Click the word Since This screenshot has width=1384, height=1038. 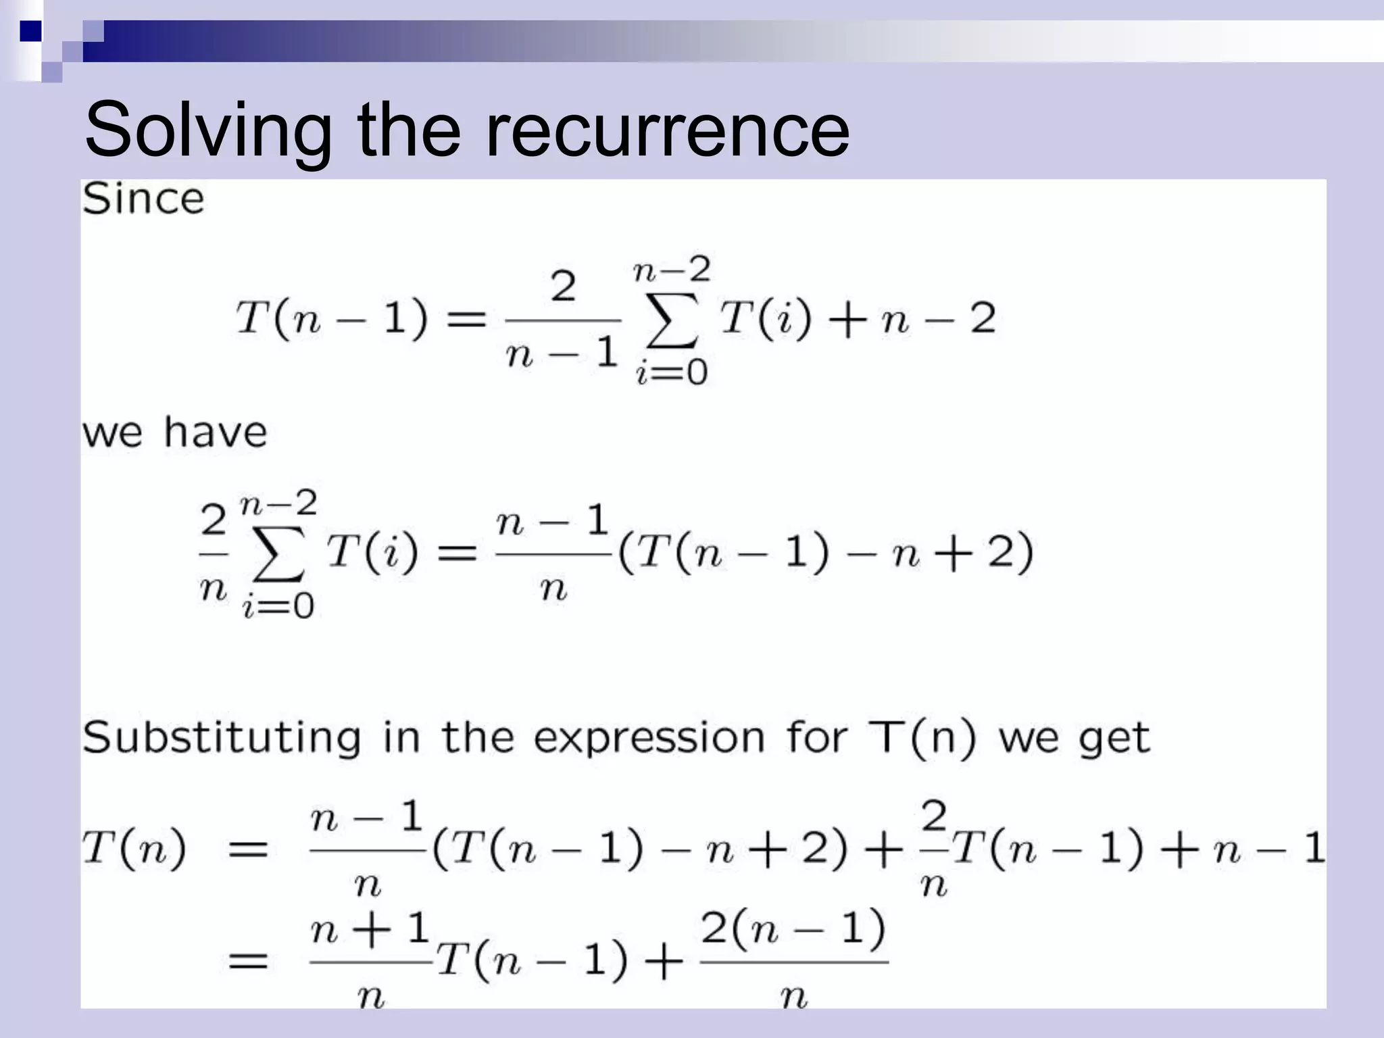143,199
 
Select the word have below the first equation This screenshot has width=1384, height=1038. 216,432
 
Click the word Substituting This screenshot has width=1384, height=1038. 222,737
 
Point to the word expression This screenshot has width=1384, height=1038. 649,739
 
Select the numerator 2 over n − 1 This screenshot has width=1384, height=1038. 563,287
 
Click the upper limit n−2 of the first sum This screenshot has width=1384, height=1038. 672,271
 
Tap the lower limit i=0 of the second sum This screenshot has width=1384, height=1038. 278,605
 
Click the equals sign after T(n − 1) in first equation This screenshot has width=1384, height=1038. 467,318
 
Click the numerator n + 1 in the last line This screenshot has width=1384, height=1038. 370,929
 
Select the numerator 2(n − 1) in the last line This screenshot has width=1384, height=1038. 793,929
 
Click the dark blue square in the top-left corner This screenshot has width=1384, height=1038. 30,31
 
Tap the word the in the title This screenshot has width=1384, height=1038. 408,128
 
